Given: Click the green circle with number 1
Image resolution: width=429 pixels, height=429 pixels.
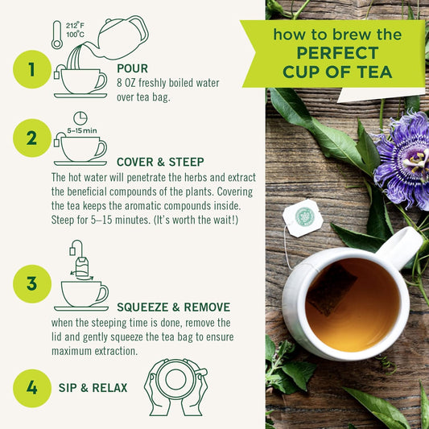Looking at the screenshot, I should pyautogui.click(x=31, y=69).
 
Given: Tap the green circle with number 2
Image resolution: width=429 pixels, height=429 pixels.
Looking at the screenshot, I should pyautogui.click(x=31, y=138).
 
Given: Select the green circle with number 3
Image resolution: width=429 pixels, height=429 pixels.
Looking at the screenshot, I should pyautogui.click(x=31, y=283).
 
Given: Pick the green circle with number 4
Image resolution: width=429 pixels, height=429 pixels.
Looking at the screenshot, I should pyautogui.click(x=31, y=387).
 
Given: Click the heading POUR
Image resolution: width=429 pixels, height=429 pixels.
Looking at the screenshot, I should pyautogui.click(x=132, y=68).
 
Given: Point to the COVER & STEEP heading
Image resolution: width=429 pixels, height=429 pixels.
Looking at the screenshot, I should pyautogui.click(x=159, y=161).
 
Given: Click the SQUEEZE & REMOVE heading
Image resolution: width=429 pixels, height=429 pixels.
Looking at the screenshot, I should pyautogui.click(x=173, y=307).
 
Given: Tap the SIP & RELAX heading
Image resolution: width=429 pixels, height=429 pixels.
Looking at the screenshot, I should pyautogui.click(x=93, y=387).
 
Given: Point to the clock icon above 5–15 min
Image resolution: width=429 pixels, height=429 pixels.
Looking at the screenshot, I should pyautogui.click(x=80, y=118).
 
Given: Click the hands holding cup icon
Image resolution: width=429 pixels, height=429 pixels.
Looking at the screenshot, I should pyautogui.click(x=175, y=386).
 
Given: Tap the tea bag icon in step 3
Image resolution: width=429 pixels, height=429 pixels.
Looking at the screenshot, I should pyautogui.click(x=80, y=265).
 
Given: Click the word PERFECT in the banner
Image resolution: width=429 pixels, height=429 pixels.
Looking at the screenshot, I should pyautogui.click(x=336, y=53).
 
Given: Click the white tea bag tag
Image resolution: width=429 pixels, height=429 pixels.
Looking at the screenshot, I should pyautogui.click(x=303, y=217).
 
